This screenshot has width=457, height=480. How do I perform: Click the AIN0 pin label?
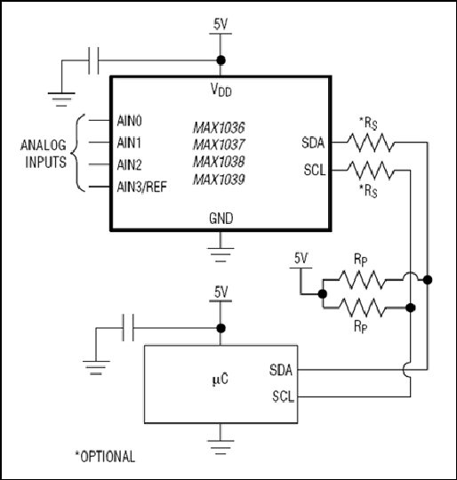pyautogui.click(x=130, y=122)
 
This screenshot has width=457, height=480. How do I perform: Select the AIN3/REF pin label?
pyautogui.click(x=142, y=187)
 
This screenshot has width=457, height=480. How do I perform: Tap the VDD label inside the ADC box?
pyautogui.click(x=221, y=90)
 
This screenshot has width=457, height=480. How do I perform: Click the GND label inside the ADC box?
pyautogui.click(x=221, y=219)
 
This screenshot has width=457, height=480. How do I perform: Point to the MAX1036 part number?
pyautogui.click(x=219, y=128)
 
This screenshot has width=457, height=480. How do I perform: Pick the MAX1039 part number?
pyautogui.click(x=219, y=180)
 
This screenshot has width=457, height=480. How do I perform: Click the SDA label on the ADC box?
pyautogui.click(x=313, y=143)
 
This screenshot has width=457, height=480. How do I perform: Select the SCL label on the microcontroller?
pyautogui.click(x=283, y=396)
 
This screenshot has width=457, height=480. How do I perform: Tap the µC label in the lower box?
pyautogui.click(x=220, y=380)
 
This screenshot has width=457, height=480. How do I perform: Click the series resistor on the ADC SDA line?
pyautogui.click(x=371, y=142)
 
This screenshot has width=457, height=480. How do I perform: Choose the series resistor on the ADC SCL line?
pyautogui.click(x=371, y=170)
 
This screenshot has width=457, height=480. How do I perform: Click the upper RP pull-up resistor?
pyautogui.click(x=362, y=279)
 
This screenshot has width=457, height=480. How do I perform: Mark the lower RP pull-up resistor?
pyautogui.click(x=362, y=308)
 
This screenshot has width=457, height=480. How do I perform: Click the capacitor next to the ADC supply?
pyautogui.click(x=93, y=60)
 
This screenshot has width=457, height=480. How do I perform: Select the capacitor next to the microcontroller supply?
pyautogui.click(x=128, y=327)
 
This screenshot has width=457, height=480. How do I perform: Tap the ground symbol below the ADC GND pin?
pyautogui.click(x=220, y=255)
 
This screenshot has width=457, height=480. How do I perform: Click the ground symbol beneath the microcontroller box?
pyautogui.click(x=220, y=446)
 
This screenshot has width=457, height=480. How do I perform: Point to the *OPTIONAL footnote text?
pyautogui.click(x=105, y=456)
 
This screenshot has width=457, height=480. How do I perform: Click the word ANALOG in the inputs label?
pyautogui.click(x=44, y=145)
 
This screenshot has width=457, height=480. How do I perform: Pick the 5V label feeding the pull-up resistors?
pyautogui.click(x=301, y=259)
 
